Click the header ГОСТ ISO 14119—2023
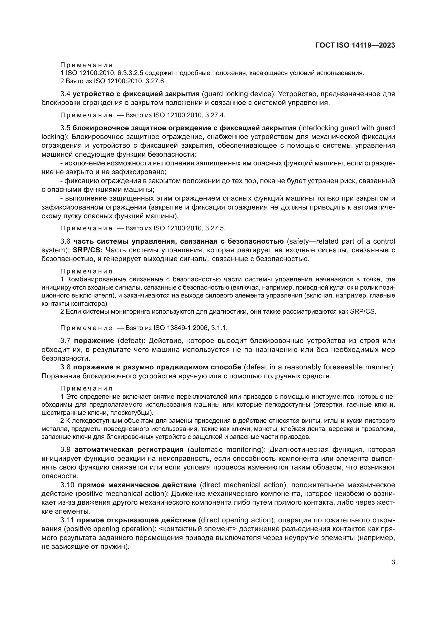click(x=355, y=45)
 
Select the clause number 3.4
click(x=65, y=94)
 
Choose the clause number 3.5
click(x=65, y=128)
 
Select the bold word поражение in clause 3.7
click(x=94, y=341)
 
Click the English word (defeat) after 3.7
click(x=131, y=341)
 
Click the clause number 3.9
click(x=65, y=449)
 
